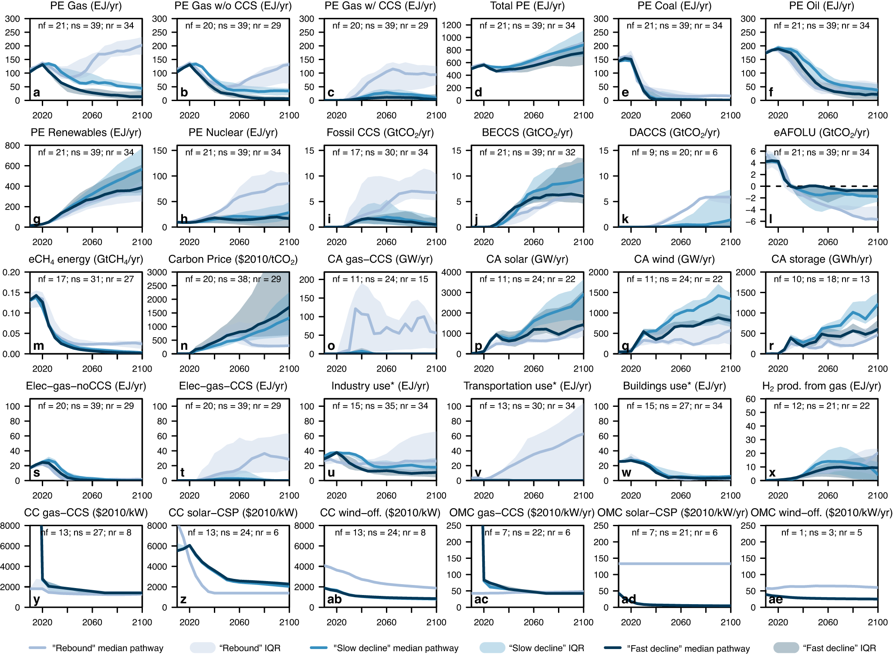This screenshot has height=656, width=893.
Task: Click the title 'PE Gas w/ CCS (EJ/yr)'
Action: (380, 6)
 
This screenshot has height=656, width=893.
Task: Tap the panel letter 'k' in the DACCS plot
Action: (625, 219)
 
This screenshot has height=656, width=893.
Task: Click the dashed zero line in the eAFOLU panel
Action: (828, 186)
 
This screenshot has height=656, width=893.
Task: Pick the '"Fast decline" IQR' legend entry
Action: (839, 648)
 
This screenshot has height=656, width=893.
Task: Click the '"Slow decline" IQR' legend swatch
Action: (492, 648)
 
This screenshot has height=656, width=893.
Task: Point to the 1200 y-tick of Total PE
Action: (451, 25)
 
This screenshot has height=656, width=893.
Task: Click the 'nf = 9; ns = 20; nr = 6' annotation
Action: (674, 152)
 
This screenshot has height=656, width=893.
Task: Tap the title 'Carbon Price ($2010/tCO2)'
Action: (233, 260)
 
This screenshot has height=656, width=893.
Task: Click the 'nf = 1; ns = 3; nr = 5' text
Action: (822, 533)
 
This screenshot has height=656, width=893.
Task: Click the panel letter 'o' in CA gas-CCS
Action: (331, 346)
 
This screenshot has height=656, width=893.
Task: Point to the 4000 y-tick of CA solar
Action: (451, 272)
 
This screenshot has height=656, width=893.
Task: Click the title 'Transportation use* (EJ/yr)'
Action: (527, 386)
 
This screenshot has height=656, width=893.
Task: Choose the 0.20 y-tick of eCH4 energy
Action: (11, 272)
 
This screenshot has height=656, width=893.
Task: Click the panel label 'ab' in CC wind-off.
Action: (334, 599)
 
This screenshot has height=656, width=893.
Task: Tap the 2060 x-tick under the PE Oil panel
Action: (828, 115)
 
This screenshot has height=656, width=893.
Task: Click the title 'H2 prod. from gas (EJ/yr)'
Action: (822, 386)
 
